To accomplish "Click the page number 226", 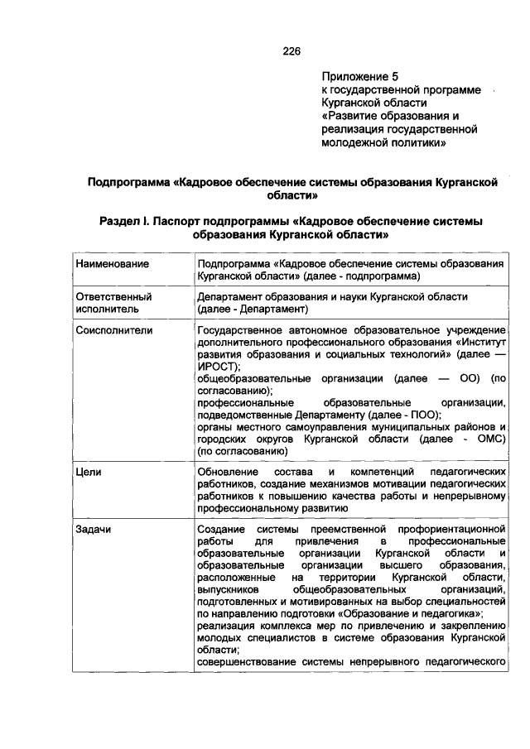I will click(291, 51).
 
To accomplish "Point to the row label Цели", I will click(88, 471).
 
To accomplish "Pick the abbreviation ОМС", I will click(478, 439).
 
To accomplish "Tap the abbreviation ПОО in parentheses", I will click(423, 415).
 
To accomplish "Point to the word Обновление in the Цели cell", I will click(232, 471).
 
